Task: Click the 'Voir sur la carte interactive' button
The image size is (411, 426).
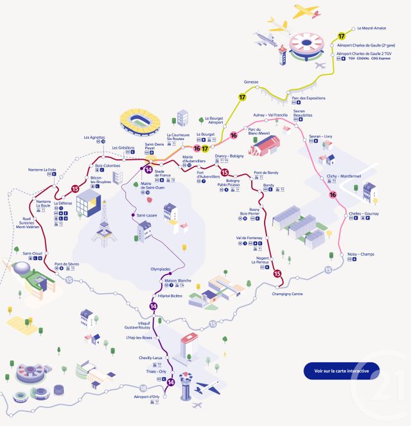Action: pos(342,371)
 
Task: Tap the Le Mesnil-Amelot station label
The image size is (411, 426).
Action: pos(371,28)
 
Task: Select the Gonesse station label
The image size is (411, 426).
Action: pos(251,82)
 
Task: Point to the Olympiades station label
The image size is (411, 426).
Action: pos(161,269)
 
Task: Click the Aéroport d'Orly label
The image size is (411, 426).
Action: pos(146,397)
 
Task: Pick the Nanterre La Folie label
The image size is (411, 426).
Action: pos(42,170)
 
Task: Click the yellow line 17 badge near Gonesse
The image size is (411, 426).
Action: pos(243,97)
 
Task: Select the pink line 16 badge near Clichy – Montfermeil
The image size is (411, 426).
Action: pos(333,195)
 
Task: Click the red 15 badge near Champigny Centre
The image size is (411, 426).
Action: pos(277,274)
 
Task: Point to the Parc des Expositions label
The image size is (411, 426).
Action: pos(308,98)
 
